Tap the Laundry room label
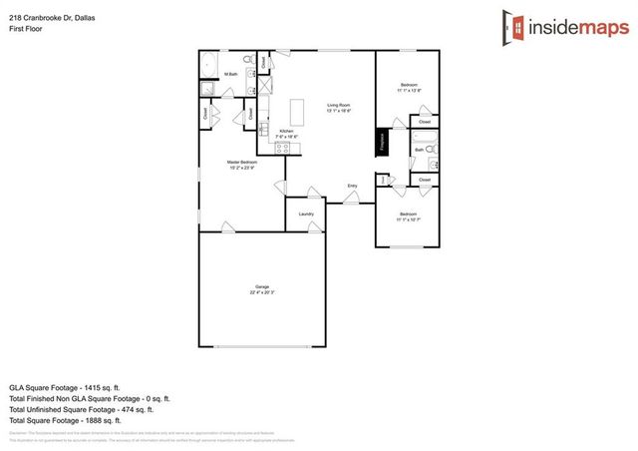pos(306,215)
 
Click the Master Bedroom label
pos(242,164)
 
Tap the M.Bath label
pos(230,75)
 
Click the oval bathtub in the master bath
pos(209,66)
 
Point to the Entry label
pos(352,187)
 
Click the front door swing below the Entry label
pos(351,200)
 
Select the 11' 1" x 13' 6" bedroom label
pos(409,87)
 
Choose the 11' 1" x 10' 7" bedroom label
pos(408,217)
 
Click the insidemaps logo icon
pos(512,27)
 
